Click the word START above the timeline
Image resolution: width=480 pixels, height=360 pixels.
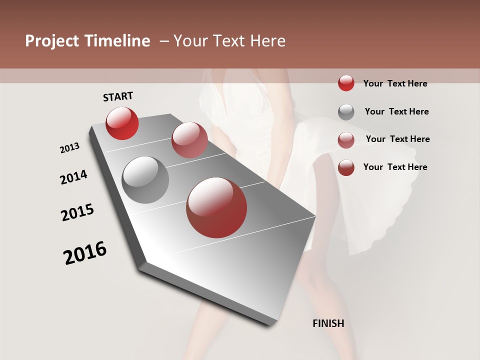click(118, 96)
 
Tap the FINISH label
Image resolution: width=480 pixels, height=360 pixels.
click(328, 323)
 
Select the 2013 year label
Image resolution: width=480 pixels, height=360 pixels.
click(69, 148)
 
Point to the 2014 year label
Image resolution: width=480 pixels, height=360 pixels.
click(73, 177)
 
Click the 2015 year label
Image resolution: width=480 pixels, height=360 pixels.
click(77, 212)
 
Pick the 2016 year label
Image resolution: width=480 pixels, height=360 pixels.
click(85, 253)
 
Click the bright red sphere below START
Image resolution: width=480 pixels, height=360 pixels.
click(122, 123)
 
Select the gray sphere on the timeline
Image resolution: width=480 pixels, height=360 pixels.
click(145, 180)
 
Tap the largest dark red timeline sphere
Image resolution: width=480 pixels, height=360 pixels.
click(216, 207)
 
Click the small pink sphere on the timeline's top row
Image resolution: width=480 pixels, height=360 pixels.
click(189, 139)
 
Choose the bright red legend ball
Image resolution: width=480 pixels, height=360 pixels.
click(346, 83)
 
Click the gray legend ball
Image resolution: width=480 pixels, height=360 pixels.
click(346, 112)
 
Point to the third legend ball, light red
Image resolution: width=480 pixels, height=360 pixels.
click(346, 140)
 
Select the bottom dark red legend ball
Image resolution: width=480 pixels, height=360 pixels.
click(346, 167)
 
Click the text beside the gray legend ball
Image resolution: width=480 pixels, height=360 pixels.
click(396, 111)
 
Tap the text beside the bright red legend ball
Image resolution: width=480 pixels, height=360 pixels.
click(395, 83)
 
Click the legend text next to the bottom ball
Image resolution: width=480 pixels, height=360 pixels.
click(395, 167)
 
